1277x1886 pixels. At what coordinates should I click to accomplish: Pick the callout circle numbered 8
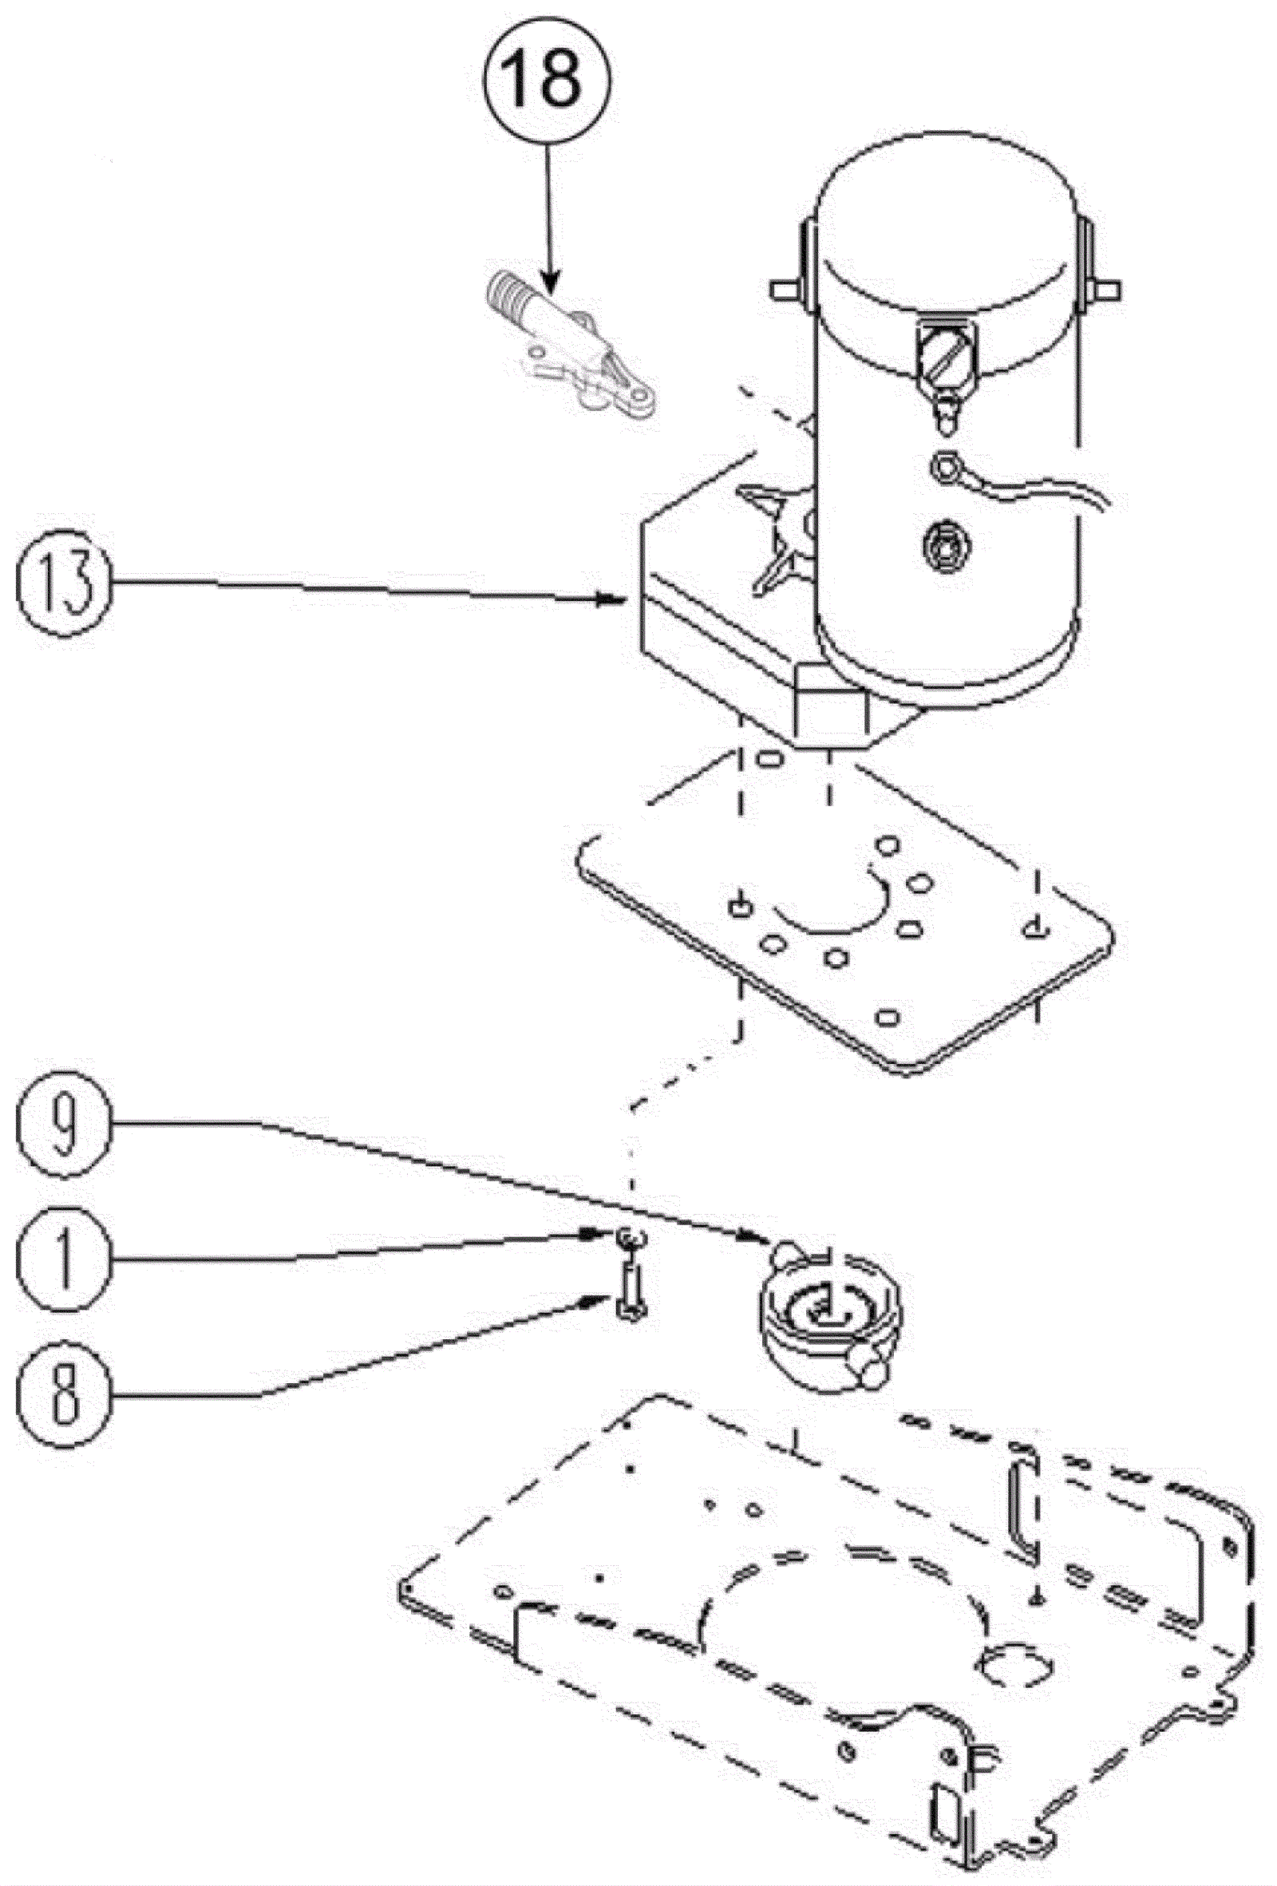(63, 1393)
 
